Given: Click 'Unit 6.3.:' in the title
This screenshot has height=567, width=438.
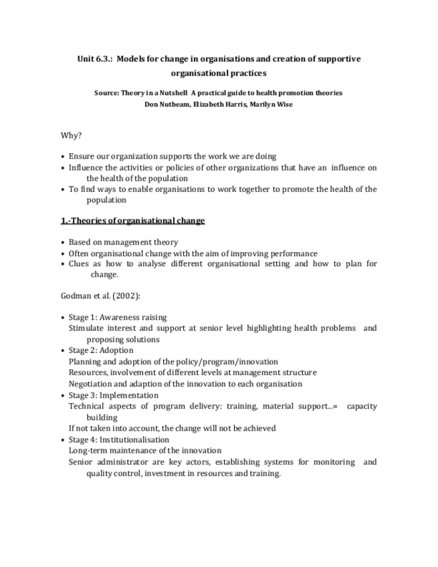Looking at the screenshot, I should point(98,59).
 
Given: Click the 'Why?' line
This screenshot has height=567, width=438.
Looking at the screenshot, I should point(71,135).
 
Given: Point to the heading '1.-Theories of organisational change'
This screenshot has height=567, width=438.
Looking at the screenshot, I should point(132,221).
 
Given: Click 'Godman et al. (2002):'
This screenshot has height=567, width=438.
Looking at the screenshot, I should point(100,296).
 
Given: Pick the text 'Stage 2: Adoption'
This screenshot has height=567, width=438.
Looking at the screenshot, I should point(101,350).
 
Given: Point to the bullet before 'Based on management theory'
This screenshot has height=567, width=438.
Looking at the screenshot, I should point(63,243).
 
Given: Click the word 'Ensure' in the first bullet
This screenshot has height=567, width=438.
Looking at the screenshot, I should point(82,156).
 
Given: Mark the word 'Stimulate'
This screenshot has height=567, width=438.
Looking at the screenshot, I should point(87,328).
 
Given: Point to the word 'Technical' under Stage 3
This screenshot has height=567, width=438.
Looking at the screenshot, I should point(88,407).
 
